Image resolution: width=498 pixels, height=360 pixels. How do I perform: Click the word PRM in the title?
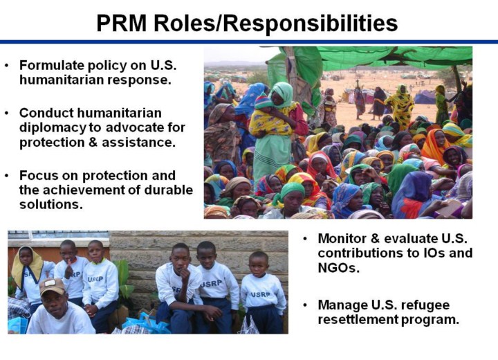[x=122, y=23]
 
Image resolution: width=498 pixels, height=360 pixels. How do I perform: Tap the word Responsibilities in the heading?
[x=311, y=24]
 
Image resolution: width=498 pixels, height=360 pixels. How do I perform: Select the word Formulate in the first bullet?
[x=51, y=65]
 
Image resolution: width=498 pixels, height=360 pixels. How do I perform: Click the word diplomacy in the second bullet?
[x=53, y=128]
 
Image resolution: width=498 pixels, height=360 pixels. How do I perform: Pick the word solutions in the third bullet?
[x=50, y=204]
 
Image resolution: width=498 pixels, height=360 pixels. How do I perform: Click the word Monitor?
[x=342, y=239]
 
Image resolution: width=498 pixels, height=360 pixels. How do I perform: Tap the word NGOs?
[x=338, y=268]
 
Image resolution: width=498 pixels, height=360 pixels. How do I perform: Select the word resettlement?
[x=358, y=319]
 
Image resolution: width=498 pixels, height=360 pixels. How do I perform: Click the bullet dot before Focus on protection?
[x=7, y=176]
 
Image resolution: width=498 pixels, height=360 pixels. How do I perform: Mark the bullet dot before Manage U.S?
[x=305, y=305]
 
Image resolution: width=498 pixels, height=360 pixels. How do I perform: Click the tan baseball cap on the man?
[x=52, y=286]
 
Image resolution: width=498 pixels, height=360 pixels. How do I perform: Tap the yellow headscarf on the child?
[x=27, y=266]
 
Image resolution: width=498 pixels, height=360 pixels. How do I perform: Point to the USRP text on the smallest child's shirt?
[x=260, y=294]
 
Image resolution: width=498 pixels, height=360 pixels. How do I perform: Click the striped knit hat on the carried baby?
[x=263, y=102]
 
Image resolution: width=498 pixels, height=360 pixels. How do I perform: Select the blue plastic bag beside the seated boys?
[x=146, y=324]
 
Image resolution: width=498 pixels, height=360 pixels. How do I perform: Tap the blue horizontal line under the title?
[x=249, y=42]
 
